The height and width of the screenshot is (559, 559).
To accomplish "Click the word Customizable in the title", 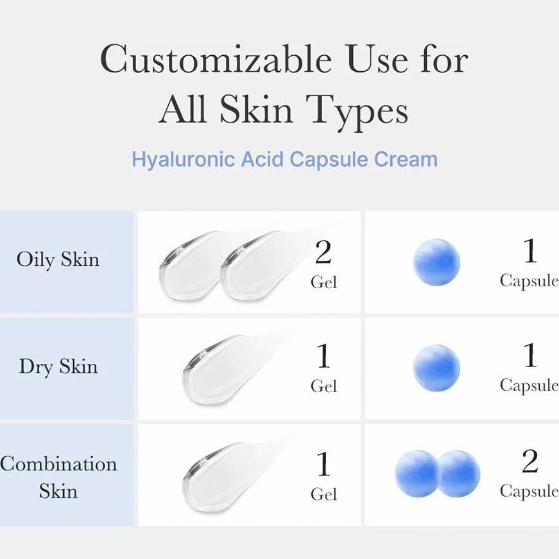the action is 216,59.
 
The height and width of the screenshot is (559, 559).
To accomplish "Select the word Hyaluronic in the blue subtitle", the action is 183,159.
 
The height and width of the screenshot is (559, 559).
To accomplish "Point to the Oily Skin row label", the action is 58,259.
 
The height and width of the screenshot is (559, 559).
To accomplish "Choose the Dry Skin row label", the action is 58,366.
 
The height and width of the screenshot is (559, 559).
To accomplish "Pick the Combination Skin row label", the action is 58,477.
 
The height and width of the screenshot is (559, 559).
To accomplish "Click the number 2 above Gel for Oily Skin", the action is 323,252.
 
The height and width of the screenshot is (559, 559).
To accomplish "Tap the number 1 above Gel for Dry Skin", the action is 323,356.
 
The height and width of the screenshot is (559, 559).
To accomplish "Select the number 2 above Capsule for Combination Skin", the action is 529,461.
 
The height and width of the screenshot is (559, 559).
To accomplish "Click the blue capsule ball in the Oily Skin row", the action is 436,262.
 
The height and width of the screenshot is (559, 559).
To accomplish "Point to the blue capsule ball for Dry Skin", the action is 436,368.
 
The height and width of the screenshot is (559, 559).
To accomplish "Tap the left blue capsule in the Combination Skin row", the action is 417,474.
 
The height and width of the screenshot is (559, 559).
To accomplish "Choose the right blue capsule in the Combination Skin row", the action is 459,474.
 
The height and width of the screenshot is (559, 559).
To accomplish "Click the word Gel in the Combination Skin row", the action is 323,494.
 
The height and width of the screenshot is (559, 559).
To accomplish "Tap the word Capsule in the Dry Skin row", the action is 529,386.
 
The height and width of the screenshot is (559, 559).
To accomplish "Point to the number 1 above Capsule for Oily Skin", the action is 529,251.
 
